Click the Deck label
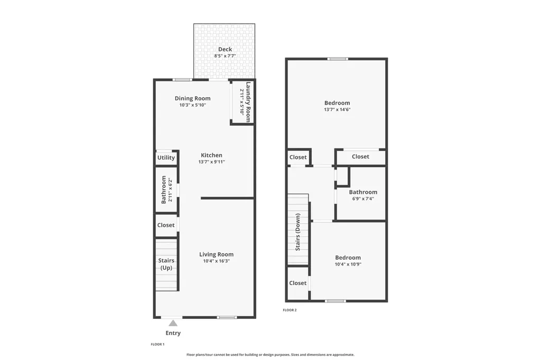click(225, 49)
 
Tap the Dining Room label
click(192, 98)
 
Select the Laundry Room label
click(248, 102)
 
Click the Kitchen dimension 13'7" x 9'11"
click(211, 162)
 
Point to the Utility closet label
click(166, 158)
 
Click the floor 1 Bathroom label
click(164, 190)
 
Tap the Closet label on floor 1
click(166, 225)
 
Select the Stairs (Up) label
click(166, 264)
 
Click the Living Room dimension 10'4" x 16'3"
click(216, 261)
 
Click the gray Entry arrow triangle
click(173, 323)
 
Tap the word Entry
click(173, 333)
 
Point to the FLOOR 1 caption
click(157, 345)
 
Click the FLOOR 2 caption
click(290, 310)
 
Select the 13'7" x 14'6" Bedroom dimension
click(337, 110)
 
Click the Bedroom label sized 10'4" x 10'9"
click(348, 258)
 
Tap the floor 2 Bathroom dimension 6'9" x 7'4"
click(363, 198)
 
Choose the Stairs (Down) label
click(298, 232)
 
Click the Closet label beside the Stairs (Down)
click(298, 283)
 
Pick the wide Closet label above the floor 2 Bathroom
click(360, 157)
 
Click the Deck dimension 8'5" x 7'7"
click(225, 56)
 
